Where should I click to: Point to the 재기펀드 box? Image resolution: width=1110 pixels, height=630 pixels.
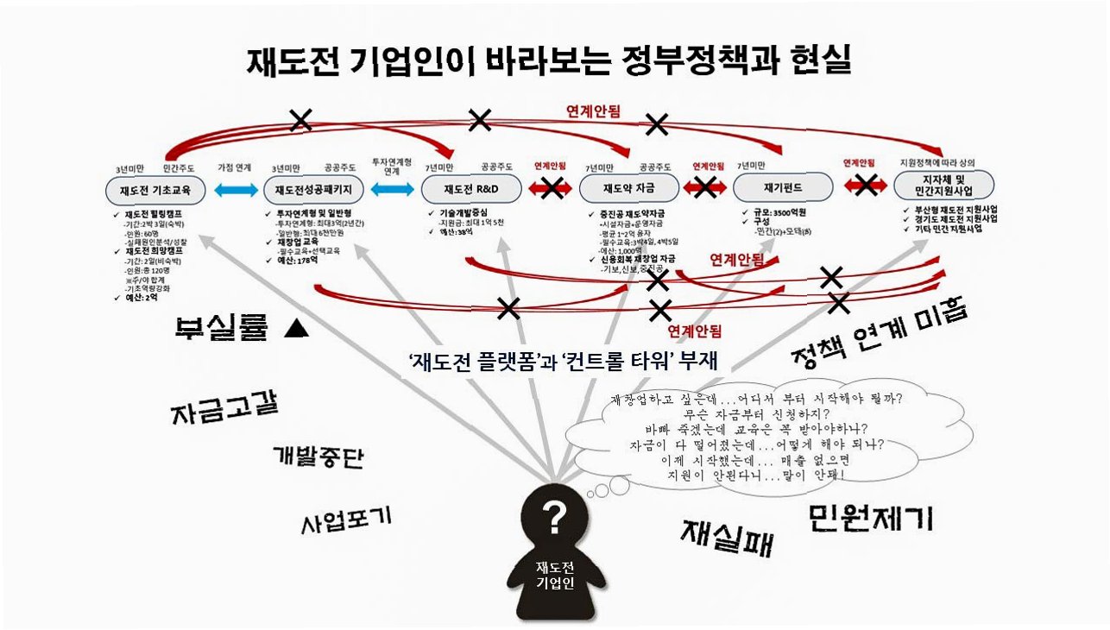pos(782,187)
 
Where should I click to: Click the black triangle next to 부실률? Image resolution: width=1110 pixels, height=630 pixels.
pos(296,329)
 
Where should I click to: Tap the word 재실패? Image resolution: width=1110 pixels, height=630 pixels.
pos(727,536)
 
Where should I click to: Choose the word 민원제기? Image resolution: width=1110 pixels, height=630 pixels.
pos(872,516)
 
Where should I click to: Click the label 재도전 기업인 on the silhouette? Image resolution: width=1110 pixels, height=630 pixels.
pos(554,575)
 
